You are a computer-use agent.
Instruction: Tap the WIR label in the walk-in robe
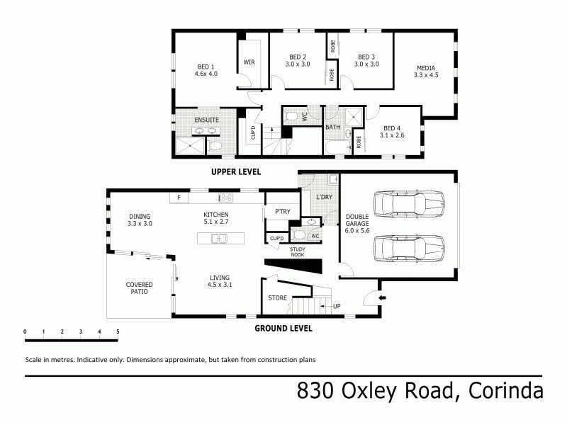click(249, 62)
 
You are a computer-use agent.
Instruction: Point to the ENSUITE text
click(206, 120)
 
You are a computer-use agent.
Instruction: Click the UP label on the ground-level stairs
click(336, 306)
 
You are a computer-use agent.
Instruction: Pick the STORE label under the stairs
click(277, 297)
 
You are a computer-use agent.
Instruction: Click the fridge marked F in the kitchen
click(179, 198)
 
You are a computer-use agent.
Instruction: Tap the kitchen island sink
click(220, 239)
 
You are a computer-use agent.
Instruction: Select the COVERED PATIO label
click(139, 288)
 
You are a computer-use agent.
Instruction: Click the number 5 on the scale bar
click(118, 331)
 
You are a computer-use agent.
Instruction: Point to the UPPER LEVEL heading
click(236, 171)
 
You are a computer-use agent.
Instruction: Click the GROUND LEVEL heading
click(283, 328)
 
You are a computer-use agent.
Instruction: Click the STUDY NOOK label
click(298, 251)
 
